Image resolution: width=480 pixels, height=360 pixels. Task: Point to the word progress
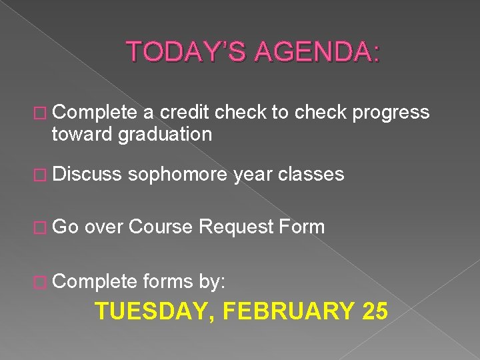391,113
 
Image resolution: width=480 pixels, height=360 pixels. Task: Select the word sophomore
179,175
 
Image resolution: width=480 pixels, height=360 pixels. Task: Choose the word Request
237,228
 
